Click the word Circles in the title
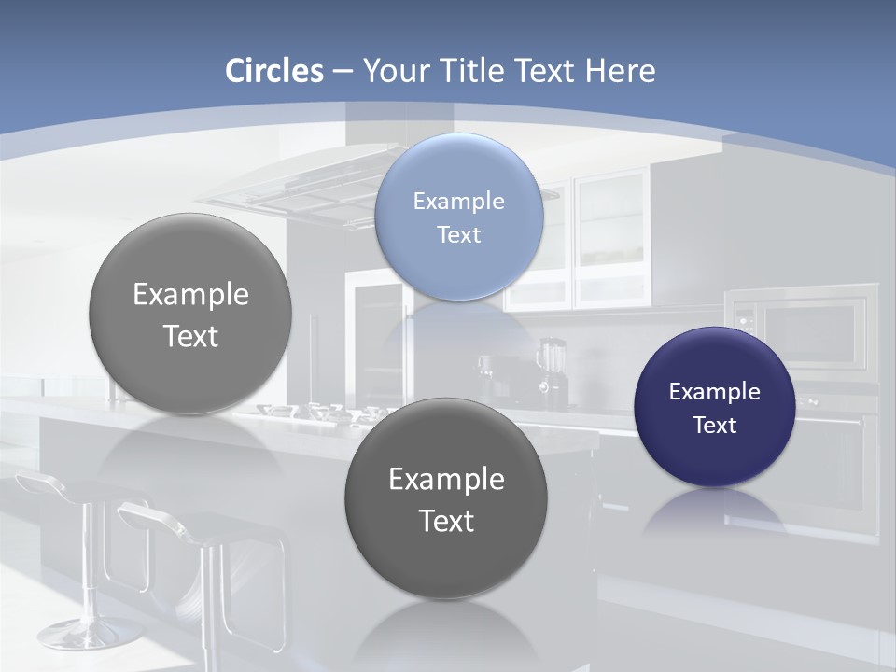click(x=273, y=71)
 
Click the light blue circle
click(x=458, y=217)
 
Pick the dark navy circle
click(x=714, y=407)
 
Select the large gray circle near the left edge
click(x=190, y=314)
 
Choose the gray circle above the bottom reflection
click(x=446, y=498)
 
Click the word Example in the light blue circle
click(x=458, y=201)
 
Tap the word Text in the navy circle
click(x=715, y=426)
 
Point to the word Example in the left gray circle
click(x=190, y=295)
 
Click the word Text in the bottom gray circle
click(x=446, y=521)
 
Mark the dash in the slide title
click(x=342, y=71)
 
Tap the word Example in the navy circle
click(x=714, y=392)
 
